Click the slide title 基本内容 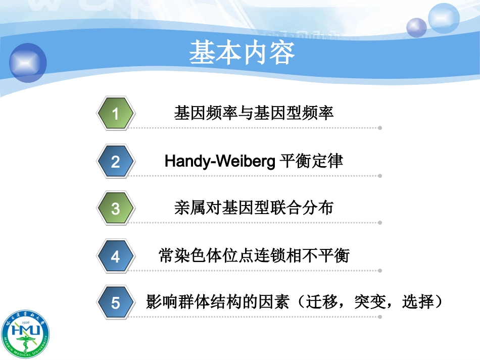coord(242,53)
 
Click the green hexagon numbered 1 coord(116,114)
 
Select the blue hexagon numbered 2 coord(116,162)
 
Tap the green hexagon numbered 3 coord(116,209)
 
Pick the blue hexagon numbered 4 coord(116,256)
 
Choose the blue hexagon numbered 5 coord(116,303)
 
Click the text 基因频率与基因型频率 coord(254,113)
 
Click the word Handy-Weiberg coord(220,161)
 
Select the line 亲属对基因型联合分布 coord(254,208)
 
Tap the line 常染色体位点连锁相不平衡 coord(254,255)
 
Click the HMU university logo coord(25,334)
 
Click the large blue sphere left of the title coord(28,63)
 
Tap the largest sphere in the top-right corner coord(443,18)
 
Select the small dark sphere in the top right coord(417,27)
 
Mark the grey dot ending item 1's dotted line coord(380,128)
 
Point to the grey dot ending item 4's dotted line coord(380,270)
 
